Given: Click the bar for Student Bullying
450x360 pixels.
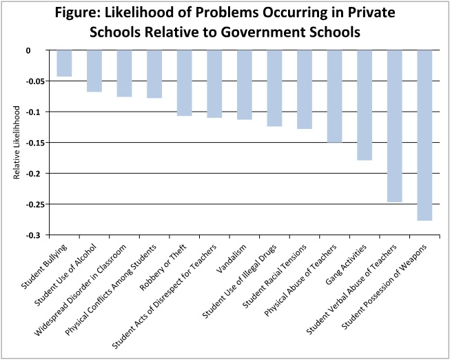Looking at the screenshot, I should coord(64,63).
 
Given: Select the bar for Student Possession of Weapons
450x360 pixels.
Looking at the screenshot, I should coord(425,135).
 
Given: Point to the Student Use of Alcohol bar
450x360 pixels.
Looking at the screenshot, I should coord(94,71).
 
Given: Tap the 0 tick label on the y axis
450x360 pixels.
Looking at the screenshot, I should coord(39,50).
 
